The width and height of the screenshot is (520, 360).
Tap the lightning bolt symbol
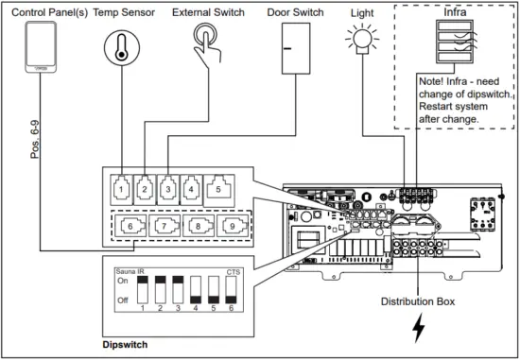(x=419, y=331)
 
